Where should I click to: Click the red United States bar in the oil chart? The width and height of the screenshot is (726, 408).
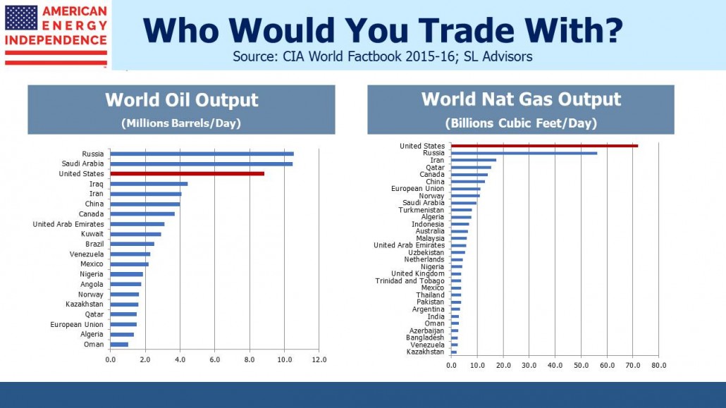coord(187,173)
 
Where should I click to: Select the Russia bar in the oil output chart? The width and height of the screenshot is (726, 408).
coord(202,154)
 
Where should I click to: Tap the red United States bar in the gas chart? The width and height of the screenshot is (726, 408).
coord(544,146)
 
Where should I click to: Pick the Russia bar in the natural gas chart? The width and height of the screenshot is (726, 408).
coord(524,153)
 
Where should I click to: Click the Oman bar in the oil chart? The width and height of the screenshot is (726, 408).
coord(119,345)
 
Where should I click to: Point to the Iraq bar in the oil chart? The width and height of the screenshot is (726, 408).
coord(149,184)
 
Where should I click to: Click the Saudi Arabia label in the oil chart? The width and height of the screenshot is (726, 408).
coord(83,163)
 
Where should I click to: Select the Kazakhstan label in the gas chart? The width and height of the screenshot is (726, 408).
coord(425,352)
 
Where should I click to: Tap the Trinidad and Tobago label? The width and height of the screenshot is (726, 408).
coord(410,280)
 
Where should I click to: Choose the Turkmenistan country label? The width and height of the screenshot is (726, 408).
coord(422,210)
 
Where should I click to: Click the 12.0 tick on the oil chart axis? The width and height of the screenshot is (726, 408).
coord(319,360)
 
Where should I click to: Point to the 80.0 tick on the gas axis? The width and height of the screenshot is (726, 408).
coord(658,366)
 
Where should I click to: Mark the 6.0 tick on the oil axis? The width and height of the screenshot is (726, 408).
coord(214,360)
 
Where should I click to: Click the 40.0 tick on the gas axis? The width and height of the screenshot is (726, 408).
coord(555,366)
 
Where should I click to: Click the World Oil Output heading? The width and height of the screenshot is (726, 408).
coord(182,100)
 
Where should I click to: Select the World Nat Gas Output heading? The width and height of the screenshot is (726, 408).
coord(521,99)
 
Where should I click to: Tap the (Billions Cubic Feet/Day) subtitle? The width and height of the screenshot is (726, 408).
coord(521,123)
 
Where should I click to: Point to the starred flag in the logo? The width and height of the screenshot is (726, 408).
coord(21,18)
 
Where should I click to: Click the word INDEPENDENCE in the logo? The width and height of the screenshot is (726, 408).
coord(56,40)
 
